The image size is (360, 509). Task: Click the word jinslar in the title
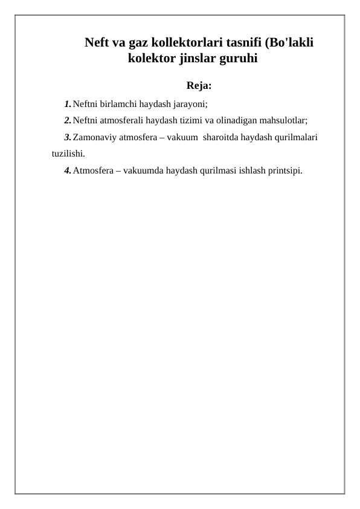coord(200,59)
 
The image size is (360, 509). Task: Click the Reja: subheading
coord(199,84)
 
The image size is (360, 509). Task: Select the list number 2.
coord(67,120)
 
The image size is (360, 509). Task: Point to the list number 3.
coord(67,137)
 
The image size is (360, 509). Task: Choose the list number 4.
coord(67,170)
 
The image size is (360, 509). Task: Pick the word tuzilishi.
coord(68,154)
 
